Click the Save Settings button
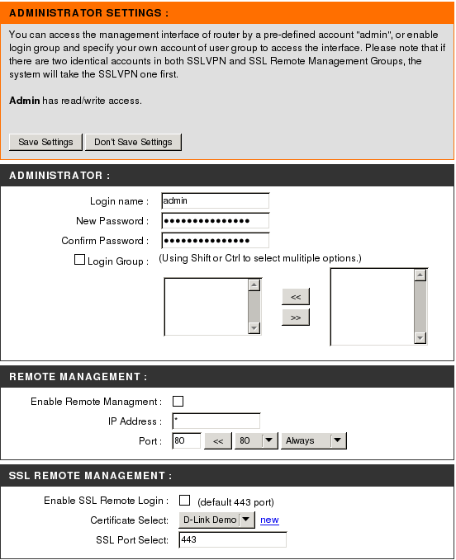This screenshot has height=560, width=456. pos(45,142)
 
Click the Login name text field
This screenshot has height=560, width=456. pos(216,200)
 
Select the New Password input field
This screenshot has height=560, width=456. pos(216,221)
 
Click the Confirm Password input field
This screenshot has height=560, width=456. pos(216,240)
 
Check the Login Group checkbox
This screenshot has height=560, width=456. pos(79,260)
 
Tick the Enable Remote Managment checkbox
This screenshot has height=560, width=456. pos(178,401)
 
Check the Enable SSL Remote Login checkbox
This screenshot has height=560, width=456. pos(184,500)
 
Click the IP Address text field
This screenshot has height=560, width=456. pos(216,421)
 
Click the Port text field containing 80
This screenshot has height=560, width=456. pos(187,440)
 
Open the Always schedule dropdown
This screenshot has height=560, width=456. pos(314,440)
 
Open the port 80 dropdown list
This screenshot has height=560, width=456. pos(256,440)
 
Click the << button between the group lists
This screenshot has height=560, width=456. pos(296,297)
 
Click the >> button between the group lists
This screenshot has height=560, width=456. pos(296,318)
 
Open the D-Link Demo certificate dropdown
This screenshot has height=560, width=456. pos(216,520)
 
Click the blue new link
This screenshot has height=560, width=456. pos(269,520)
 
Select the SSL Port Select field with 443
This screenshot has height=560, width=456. pos(232,539)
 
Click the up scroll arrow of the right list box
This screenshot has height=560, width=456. pos(420,275)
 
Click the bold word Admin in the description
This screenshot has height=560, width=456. pos(24,101)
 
